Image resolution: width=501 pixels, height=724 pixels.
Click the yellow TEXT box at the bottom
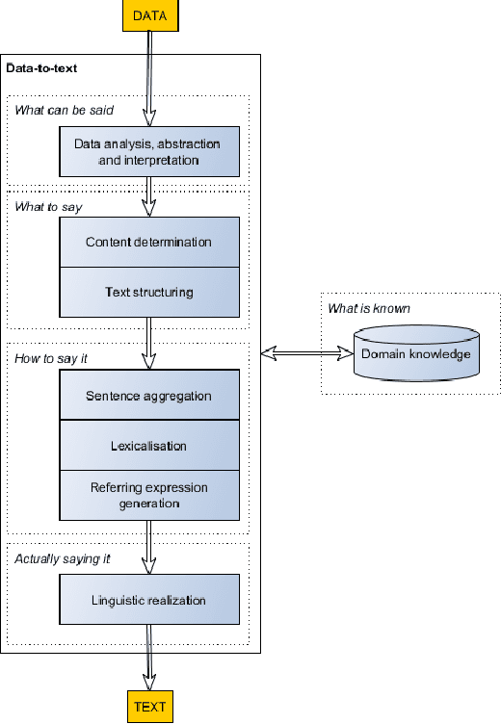[149, 707]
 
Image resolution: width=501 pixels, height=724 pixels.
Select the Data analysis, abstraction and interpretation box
[148, 152]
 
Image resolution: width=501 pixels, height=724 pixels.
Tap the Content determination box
[148, 242]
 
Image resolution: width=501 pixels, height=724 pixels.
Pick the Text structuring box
[148, 292]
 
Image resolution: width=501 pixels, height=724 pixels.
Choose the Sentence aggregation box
[148, 396]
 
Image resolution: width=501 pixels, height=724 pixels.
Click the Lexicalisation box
[148, 446]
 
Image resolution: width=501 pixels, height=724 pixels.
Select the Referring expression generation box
[148, 495]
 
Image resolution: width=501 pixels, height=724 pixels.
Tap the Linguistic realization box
[148, 600]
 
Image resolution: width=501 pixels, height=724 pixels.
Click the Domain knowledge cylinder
[415, 353]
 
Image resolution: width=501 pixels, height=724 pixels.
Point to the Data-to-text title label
[42, 68]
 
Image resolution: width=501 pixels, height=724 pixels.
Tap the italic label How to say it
[45, 358]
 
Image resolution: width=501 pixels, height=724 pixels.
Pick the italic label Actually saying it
[56, 558]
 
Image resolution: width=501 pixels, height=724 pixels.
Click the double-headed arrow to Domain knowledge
[306, 354]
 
